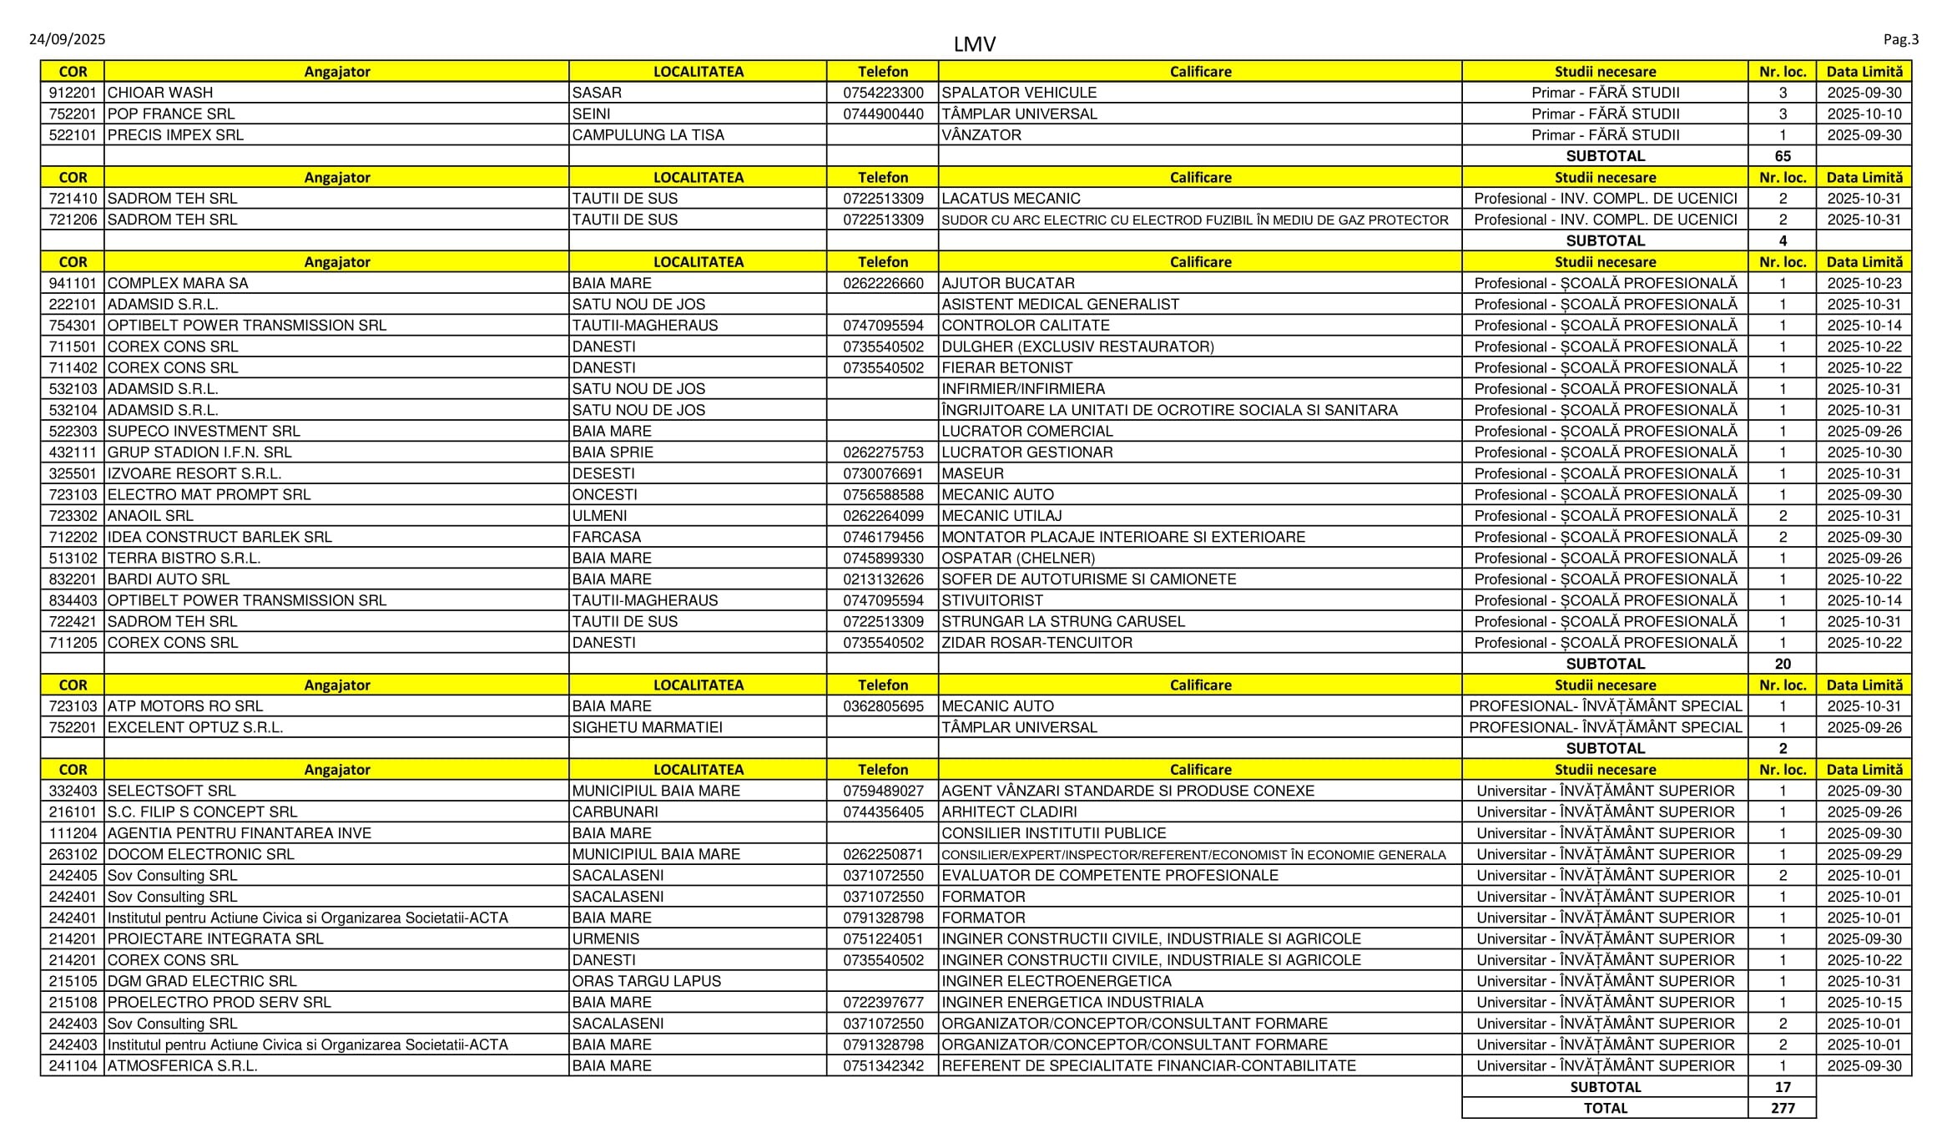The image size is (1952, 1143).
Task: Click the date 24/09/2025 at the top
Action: click(67, 39)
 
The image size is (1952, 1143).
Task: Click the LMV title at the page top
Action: click(974, 44)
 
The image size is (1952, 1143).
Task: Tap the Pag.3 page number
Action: click(1900, 39)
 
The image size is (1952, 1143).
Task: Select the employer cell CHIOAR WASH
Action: click(160, 93)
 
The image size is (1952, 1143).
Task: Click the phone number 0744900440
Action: click(883, 114)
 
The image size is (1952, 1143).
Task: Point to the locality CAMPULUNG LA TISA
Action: click(648, 135)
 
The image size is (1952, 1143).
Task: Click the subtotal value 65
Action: click(1782, 156)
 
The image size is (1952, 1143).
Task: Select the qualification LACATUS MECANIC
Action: click(1011, 199)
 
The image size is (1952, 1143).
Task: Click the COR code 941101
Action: click(73, 283)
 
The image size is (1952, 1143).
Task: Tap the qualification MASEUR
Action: click(972, 473)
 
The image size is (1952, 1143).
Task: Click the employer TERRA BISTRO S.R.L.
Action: click(184, 558)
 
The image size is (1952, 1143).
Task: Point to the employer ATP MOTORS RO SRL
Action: click(184, 706)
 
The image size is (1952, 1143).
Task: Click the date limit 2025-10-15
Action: click(1864, 1002)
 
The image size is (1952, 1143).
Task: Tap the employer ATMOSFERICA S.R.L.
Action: click(182, 1065)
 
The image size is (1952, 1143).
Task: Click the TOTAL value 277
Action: click(1782, 1108)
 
